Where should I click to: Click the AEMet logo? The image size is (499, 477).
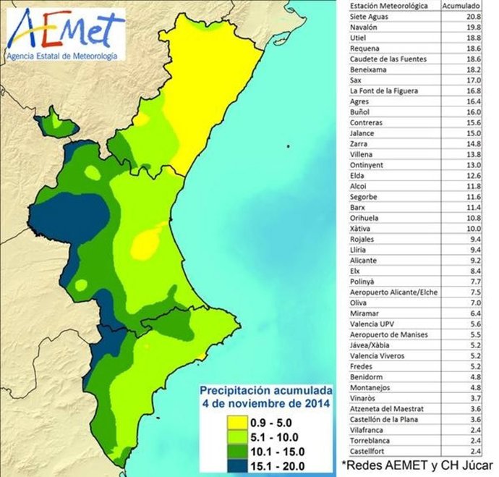[x=64, y=33]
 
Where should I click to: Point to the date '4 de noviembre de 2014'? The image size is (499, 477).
[x=265, y=403]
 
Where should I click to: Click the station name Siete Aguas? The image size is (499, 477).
[x=370, y=16]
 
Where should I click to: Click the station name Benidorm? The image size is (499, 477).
[x=365, y=377]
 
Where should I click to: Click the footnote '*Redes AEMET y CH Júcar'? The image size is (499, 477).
[x=417, y=464]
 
